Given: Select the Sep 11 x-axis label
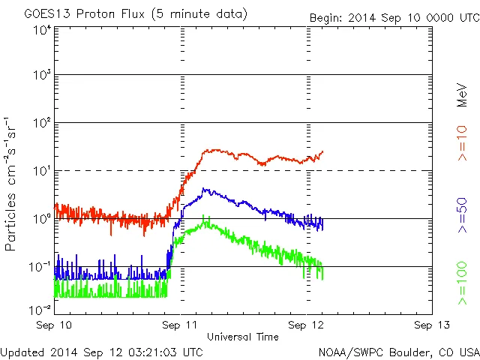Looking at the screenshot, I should (181, 325).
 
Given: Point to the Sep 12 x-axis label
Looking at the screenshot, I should (307, 325).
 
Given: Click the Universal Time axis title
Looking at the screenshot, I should (242, 337).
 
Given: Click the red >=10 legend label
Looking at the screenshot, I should (463, 144).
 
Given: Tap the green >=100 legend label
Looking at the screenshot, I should (463, 283).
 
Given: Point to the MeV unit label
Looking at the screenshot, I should (463, 97).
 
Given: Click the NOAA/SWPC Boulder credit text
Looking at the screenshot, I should (398, 352).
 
